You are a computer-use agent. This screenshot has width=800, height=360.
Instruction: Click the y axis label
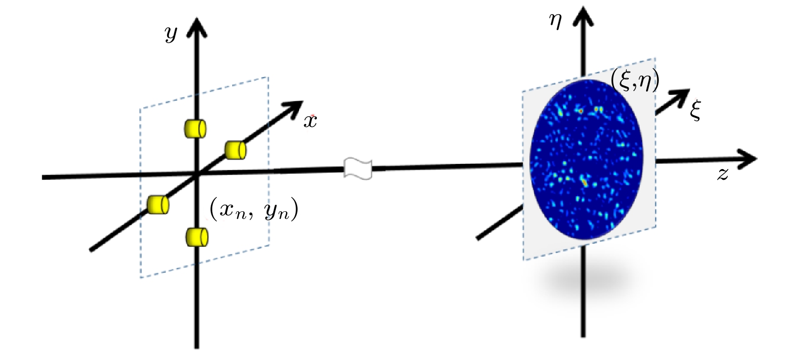[x=171, y=35]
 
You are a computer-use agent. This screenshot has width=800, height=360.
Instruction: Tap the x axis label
[x=310, y=122]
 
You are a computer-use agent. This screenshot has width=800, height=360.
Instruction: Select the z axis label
[x=722, y=175]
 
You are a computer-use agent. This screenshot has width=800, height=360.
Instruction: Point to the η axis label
[x=555, y=22]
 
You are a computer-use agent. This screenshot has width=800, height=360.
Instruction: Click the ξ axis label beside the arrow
[x=695, y=110]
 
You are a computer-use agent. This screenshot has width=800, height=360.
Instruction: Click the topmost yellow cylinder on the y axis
[x=196, y=128]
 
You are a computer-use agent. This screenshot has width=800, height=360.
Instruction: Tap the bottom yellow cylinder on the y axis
[x=197, y=237]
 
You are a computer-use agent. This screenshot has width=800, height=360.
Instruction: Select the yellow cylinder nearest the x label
[x=235, y=150]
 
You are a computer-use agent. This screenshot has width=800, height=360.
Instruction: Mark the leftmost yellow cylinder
[x=158, y=205]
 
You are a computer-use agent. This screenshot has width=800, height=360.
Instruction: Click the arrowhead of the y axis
[x=197, y=27]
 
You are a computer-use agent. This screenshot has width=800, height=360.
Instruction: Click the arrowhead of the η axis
[x=583, y=16]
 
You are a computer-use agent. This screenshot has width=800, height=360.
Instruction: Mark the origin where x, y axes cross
[x=197, y=175]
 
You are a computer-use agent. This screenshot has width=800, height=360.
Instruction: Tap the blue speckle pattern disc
[x=587, y=159]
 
